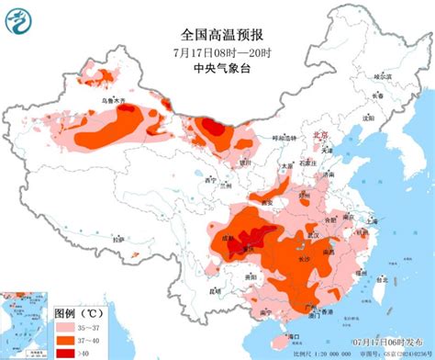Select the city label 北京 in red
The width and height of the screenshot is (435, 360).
click(321, 134)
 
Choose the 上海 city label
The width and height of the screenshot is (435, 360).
click(371, 221)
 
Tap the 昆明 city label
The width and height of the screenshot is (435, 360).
click(216, 292)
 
